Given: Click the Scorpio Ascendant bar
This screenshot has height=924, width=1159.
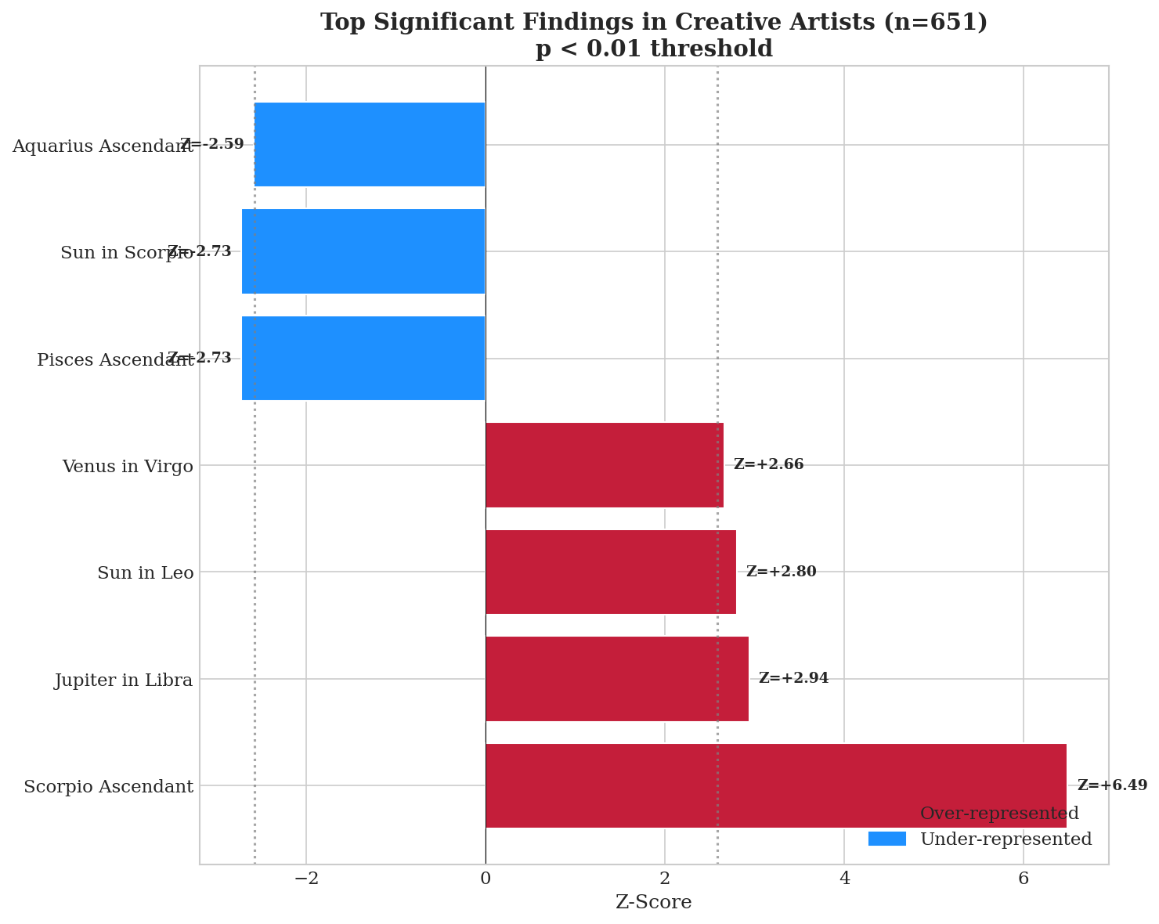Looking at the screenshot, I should coord(775,785).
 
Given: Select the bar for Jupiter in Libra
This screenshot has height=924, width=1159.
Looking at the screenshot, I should coord(617,679).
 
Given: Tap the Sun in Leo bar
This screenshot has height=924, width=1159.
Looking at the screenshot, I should coord(611,572).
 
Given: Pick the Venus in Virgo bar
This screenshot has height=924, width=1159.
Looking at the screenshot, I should coord(605,465).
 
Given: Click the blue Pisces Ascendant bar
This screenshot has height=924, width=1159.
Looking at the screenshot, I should coord(363,359).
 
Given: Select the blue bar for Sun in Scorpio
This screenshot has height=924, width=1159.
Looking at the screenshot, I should coord(363,251).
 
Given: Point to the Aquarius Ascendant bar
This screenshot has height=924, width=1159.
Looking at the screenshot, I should coord(370,145).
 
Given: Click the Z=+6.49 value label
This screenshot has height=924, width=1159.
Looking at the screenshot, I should coord(1112,785).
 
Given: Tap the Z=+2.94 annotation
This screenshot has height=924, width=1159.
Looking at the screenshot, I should coord(793,678).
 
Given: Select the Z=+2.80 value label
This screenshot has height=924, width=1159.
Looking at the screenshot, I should coord(781,572).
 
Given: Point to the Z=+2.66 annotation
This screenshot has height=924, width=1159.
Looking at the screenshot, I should coord(768,464).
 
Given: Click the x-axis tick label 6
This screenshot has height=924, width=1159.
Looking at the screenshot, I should coord(1023,879).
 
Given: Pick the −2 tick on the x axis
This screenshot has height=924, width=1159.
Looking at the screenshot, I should coord(306,879).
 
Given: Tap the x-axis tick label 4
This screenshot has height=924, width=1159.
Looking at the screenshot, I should coord(844,879).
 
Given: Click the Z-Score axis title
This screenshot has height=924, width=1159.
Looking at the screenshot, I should coord(654,903).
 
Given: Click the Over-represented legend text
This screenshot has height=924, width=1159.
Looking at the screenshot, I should coord(999,814).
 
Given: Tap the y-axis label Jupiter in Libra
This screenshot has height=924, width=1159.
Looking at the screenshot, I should coord(124,680).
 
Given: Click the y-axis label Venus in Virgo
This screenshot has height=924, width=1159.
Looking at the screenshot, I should coord(128,467).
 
